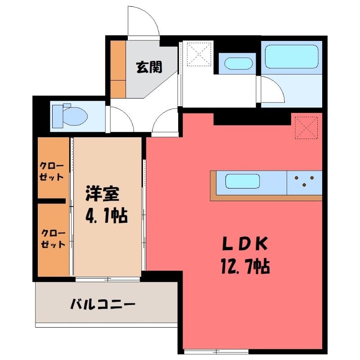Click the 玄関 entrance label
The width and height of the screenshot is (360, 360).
pos(149,67)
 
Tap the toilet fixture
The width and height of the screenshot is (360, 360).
pos(70,116)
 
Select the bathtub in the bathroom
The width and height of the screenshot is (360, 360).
pos(292,57)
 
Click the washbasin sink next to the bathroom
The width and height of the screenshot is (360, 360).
pos(238,63)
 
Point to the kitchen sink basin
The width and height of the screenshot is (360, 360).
pos(243,181)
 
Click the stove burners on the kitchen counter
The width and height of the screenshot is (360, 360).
pos(304,181)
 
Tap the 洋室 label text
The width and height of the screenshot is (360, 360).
pos(103,193)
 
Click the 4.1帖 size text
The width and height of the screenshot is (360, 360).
pos(107,216)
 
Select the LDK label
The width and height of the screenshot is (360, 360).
pos(245,243)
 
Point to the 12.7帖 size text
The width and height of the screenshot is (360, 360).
pos(245,266)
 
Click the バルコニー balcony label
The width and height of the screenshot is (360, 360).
pos(103,304)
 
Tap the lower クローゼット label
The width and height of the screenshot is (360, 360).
pos(53,239)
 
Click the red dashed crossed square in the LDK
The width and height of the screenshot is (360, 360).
pos(306,128)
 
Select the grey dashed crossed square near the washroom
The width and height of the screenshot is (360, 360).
pos(199,54)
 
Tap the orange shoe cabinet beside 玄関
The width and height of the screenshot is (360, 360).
pos(118,69)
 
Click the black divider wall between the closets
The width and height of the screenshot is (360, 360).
pos(52,201)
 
